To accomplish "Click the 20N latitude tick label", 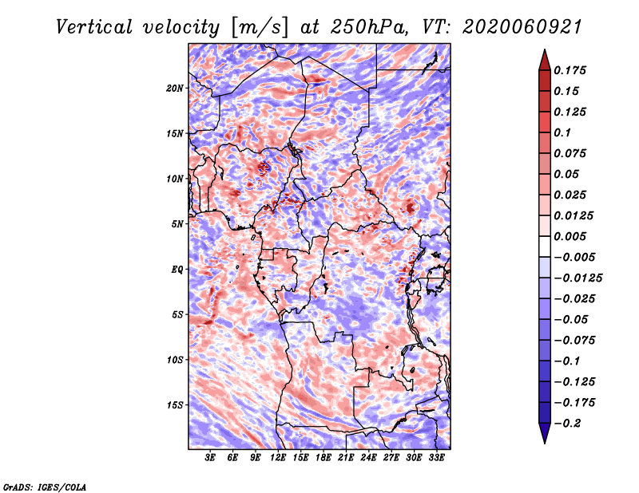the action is click(175, 88).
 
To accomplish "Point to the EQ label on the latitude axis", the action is click(177, 269).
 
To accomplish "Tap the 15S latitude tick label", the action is click(175, 405).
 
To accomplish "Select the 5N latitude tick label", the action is click(177, 224).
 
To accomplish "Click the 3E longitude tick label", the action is click(210, 458).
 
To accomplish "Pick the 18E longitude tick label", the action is click(323, 458).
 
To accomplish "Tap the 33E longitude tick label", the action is click(436, 458).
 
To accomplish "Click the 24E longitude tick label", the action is click(368, 458).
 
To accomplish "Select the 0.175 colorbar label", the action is click(570, 70).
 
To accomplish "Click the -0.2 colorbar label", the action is click(567, 424).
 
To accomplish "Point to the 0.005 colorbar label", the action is click(570, 236).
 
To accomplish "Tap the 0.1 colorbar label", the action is click(563, 132).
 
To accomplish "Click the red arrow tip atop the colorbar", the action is click(545, 49).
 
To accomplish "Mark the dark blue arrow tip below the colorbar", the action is click(545, 443).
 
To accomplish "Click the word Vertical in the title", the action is click(94, 27).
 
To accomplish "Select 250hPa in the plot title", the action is click(369, 27).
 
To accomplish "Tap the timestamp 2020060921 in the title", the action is click(522, 27).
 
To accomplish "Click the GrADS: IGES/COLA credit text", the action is click(45, 487).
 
